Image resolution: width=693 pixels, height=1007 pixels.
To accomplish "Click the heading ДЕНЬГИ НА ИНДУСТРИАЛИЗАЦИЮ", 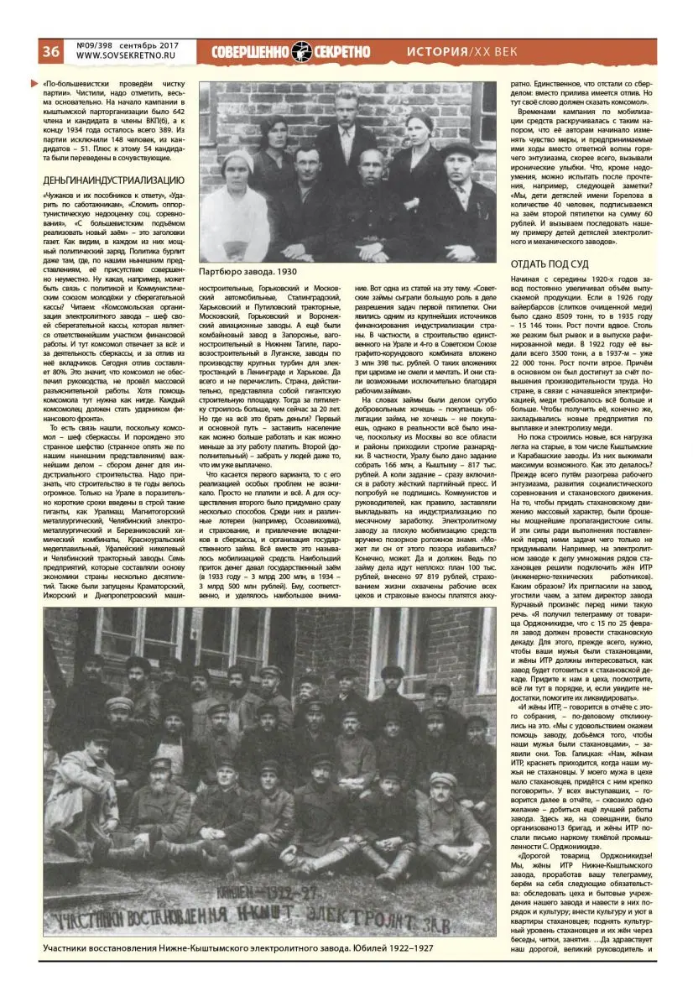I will (x=113, y=180).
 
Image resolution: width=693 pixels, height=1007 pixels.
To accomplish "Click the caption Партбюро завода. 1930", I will (x=247, y=272).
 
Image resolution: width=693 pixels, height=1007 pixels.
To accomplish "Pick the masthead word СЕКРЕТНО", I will (x=341, y=51).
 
